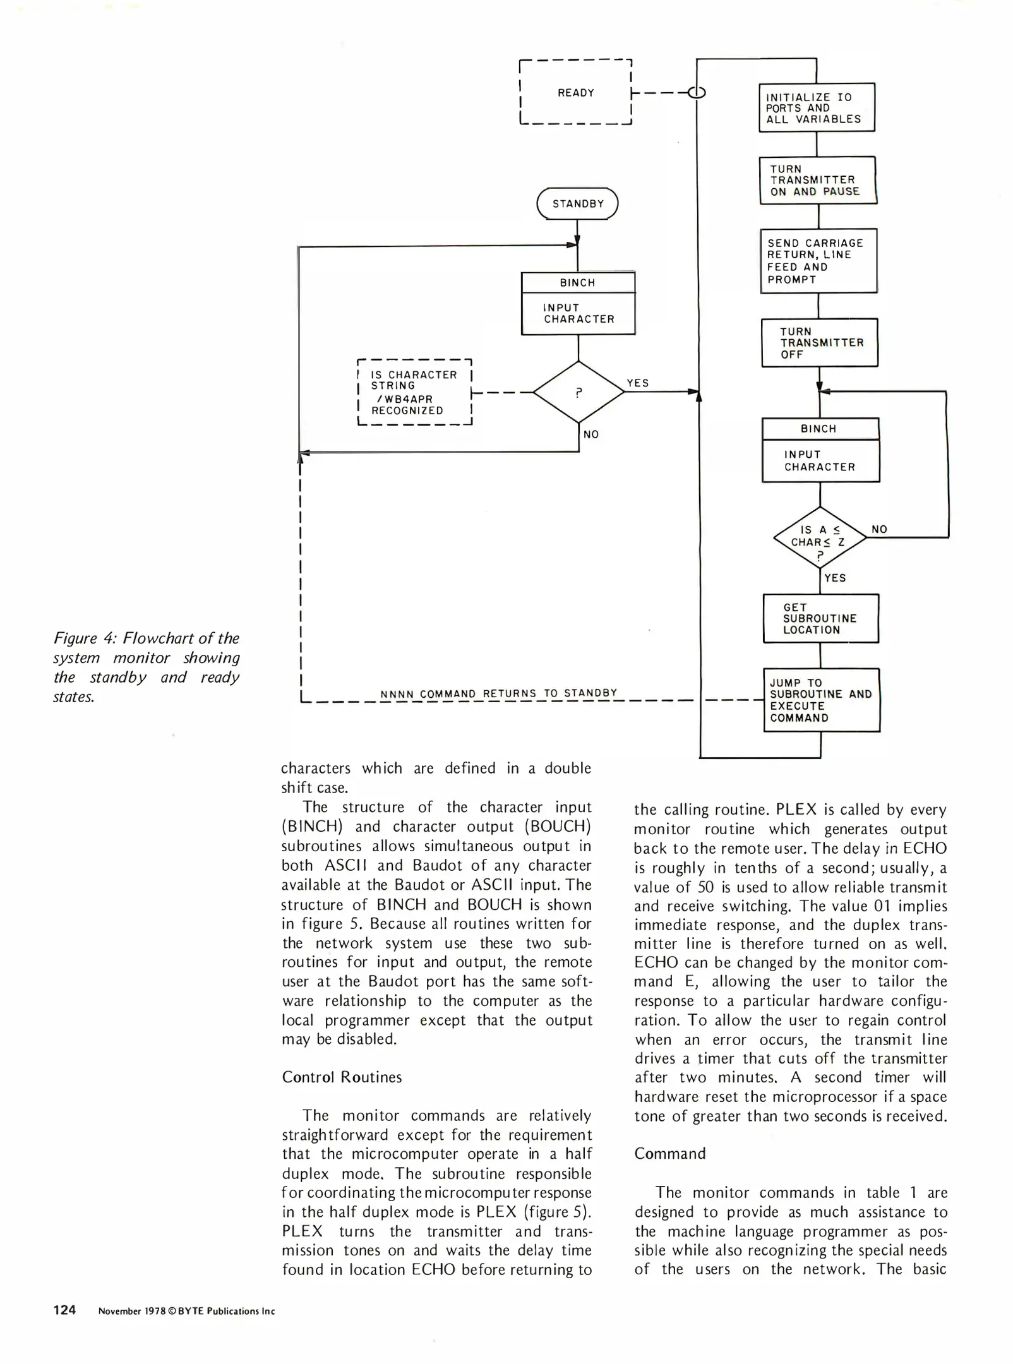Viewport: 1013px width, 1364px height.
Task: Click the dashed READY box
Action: pyautogui.click(x=575, y=93)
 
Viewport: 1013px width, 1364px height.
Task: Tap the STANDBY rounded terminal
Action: pyautogui.click(x=577, y=203)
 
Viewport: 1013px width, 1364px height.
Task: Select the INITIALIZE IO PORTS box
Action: pyautogui.click(x=816, y=107)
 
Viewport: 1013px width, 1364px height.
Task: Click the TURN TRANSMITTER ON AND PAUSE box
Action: pyautogui.click(x=817, y=180)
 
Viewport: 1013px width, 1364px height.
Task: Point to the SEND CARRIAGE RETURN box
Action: pyautogui.click(x=818, y=261)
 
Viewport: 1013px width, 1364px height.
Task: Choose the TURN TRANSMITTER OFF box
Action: pyautogui.click(x=819, y=343)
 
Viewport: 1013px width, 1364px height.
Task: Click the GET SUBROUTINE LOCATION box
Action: pyautogui.click(x=820, y=618)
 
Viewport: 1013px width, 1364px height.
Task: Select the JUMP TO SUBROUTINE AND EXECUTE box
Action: pyautogui.click(x=821, y=700)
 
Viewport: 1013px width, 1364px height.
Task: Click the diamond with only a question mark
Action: pyautogui.click(x=578, y=392)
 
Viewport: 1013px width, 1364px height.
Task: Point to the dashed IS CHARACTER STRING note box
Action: pyautogui.click(x=414, y=392)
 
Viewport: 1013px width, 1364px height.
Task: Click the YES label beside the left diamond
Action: pyautogui.click(x=638, y=383)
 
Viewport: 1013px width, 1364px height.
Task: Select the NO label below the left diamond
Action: pyautogui.click(x=591, y=434)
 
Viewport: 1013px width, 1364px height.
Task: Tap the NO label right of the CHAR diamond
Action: pyautogui.click(x=879, y=529)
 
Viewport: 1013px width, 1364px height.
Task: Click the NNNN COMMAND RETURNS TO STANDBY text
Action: pyautogui.click(x=498, y=693)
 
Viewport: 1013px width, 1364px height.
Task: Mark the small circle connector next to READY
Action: pyautogui.click(x=696, y=93)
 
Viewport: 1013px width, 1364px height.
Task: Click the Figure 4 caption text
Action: pyautogui.click(x=147, y=667)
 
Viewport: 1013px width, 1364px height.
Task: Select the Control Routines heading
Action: pyautogui.click(x=342, y=1077)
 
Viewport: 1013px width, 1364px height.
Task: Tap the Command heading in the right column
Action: pyautogui.click(x=669, y=1153)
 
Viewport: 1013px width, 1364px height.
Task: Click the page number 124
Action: pyautogui.click(x=64, y=1310)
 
